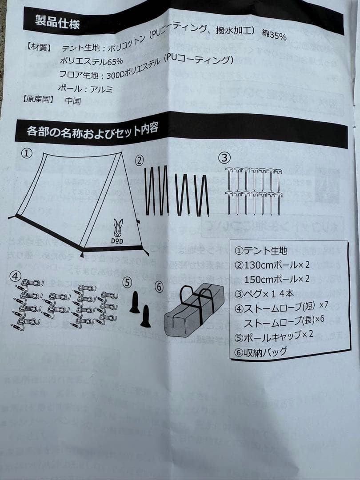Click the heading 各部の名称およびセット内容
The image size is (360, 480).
click(91, 130)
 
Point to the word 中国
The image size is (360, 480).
click(73, 100)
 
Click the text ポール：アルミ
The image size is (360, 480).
click(85, 88)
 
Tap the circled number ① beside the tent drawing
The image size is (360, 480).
click(27, 153)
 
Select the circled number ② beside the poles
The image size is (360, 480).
click(139, 160)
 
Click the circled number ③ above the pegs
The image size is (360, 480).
click(225, 157)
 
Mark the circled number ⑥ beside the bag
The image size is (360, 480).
click(159, 287)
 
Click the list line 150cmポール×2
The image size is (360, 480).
click(276, 279)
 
